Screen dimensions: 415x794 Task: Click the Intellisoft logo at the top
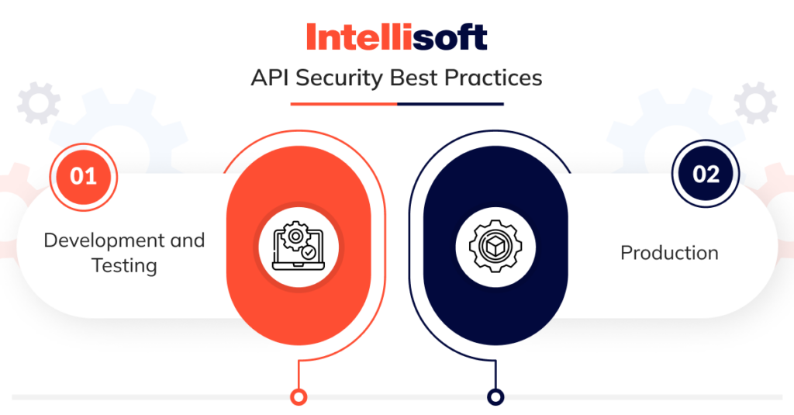pos(396,36)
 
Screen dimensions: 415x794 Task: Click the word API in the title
pos(269,78)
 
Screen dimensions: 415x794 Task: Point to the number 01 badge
pos(83,176)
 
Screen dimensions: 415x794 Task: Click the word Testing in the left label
pos(124,265)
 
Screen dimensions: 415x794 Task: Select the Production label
pos(669,253)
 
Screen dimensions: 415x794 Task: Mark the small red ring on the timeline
pos(298,396)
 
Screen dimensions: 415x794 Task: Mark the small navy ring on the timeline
pos(495,396)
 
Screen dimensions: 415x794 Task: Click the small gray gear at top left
pos(38,103)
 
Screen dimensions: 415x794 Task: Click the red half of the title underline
pos(343,103)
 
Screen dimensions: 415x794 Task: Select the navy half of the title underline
pos(450,103)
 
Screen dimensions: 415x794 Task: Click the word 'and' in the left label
pos(187,240)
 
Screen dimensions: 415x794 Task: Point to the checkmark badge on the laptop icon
pos(309,252)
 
